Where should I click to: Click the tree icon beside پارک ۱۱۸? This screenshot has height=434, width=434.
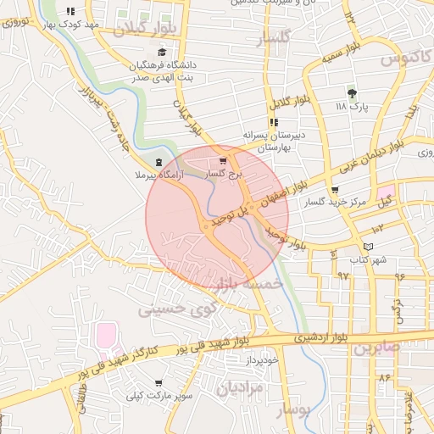click(x=352, y=92)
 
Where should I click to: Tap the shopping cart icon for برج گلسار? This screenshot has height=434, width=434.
click(x=223, y=159)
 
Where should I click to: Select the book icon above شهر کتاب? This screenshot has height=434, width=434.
click(x=366, y=247)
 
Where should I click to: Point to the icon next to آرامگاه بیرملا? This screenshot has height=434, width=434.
click(x=156, y=162)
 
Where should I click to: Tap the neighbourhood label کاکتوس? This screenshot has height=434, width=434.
click(x=403, y=59)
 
